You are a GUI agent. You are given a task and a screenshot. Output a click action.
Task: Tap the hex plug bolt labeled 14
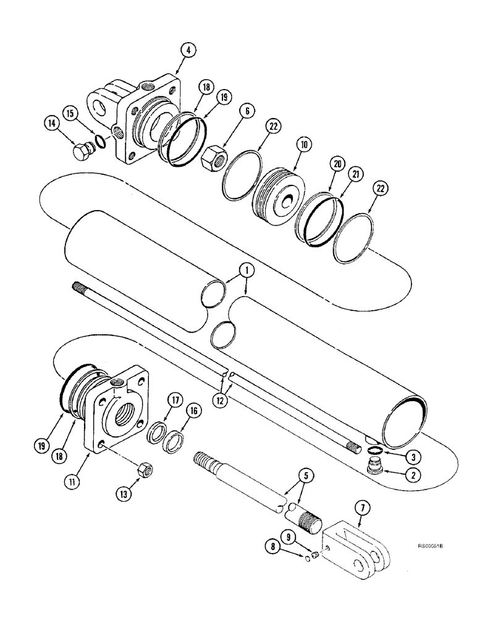click(x=82, y=151)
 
